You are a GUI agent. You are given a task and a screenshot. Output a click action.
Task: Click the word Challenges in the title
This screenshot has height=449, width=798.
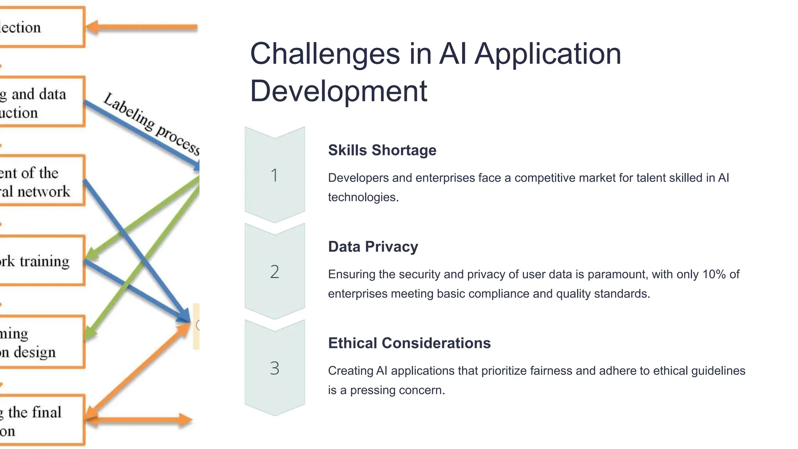click(325, 54)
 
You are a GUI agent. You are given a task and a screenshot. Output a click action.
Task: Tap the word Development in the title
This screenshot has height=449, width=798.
click(338, 91)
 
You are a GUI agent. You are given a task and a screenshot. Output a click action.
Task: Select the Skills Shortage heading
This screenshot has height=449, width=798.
click(382, 150)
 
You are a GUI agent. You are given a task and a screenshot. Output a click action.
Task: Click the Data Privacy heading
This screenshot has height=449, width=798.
click(373, 247)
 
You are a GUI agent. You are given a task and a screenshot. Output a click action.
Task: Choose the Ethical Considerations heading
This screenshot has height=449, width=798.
click(409, 343)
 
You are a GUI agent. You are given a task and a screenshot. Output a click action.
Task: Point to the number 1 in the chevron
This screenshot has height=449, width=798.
click(274, 175)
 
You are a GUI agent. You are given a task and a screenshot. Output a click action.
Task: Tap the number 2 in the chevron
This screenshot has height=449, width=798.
click(274, 272)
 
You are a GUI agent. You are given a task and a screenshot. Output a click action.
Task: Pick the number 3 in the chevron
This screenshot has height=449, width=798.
click(274, 368)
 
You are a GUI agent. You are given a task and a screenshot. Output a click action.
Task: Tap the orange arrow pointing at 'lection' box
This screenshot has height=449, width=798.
click(142, 27)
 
